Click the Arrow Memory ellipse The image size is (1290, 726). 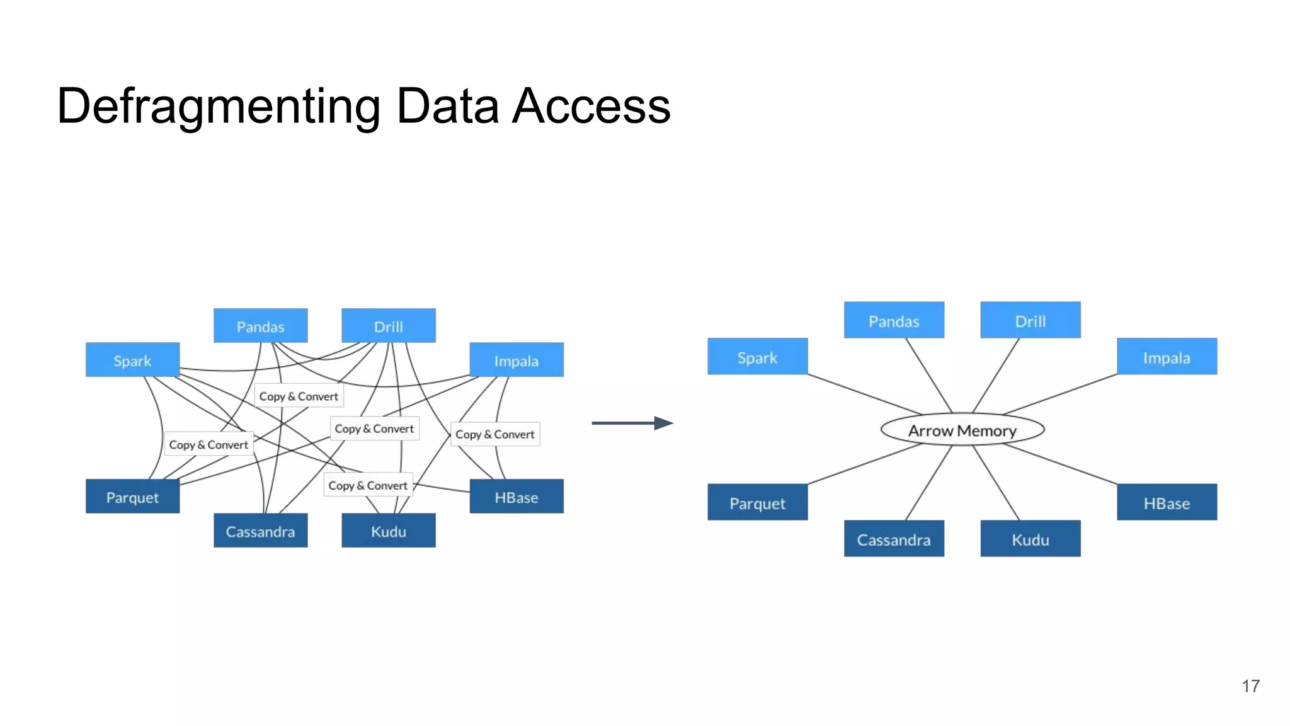point(962,430)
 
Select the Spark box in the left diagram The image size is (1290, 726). point(132,360)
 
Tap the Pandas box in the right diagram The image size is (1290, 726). point(893,320)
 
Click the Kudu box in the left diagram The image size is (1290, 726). point(388,531)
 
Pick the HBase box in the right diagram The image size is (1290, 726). point(1166,502)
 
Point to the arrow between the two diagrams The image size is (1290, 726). point(632,423)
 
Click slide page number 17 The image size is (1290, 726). point(1250,686)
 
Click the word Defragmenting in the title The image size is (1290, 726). point(218,106)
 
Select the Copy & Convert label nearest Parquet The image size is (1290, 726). point(208,444)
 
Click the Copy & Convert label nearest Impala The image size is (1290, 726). point(494,434)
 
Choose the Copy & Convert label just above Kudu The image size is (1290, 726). point(368,485)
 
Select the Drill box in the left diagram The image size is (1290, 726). point(388,326)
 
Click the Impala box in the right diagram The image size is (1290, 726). point(1166,357)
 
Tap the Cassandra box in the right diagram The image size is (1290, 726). point(893,539)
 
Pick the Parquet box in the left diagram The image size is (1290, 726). point(132,497)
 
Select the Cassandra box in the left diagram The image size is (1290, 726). point(260,531)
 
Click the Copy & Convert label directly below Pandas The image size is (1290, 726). point(299,396)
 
